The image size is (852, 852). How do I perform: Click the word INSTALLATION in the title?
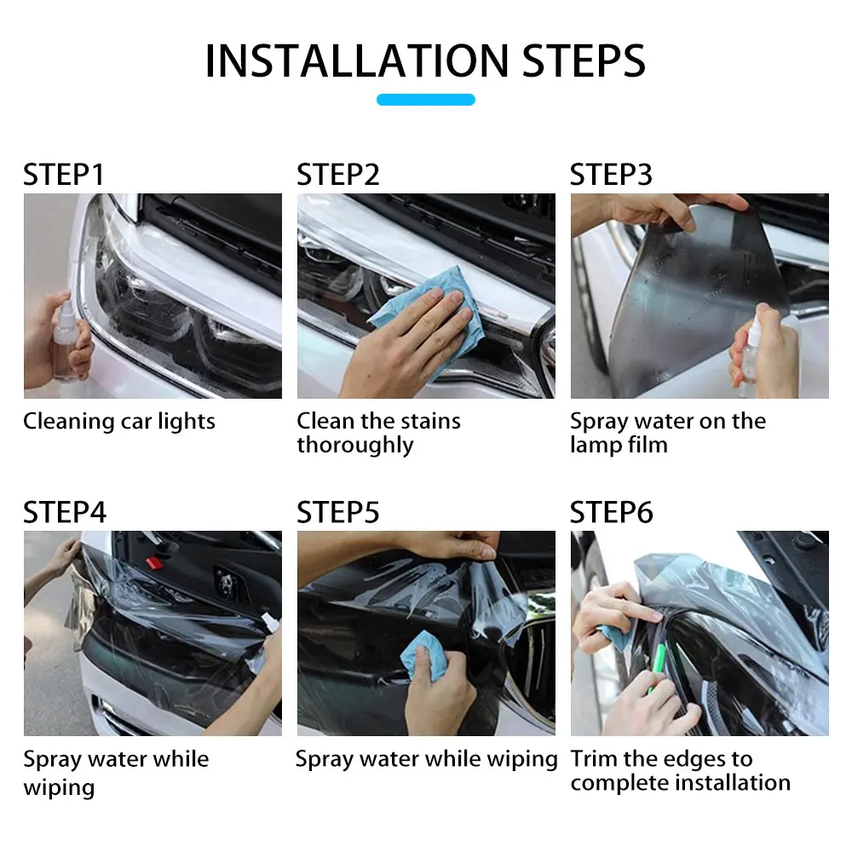pos(357,60)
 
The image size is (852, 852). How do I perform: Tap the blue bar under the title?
pos(426,100)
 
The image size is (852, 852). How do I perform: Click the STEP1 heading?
pos(63,175)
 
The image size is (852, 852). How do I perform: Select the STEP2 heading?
pos(337,175)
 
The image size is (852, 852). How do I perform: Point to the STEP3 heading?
pos(611,175)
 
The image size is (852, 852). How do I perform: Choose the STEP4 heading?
pos(65,512)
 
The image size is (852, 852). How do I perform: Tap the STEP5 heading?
pos(337,512)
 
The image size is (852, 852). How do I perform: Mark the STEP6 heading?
pos(611,512)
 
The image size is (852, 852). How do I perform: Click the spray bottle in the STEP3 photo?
pos(752,348)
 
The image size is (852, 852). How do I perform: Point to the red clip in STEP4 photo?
pos(155,563)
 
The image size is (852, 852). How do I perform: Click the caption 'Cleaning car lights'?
pos(119,422)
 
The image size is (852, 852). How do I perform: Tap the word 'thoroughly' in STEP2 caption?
pos(354,445)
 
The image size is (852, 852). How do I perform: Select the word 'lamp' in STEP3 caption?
pos(596,445)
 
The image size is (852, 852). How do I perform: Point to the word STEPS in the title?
pos(584,60)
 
